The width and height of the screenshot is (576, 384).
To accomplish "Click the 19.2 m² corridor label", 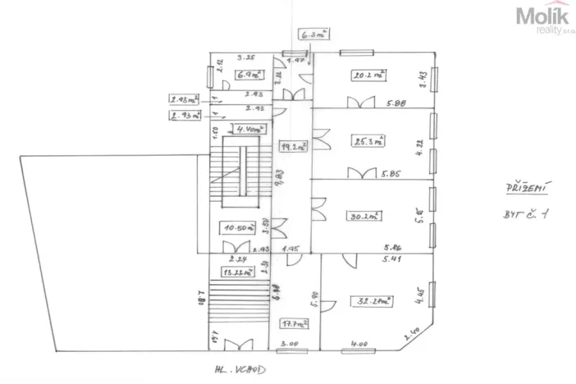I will (x=292, y=148).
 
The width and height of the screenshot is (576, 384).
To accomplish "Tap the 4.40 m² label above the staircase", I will (x=247, y=130).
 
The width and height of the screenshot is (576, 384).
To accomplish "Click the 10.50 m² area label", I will (x=238, y=227).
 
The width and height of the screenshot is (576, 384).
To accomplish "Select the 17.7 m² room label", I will (x=290, y=322).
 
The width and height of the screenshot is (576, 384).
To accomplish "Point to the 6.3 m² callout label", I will (x=313, y=34).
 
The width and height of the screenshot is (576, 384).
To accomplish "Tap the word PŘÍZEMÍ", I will (x=525, y=188).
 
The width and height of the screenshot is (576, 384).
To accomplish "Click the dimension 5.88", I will (x=395, y=103).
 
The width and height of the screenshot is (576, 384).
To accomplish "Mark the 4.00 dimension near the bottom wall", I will (x=359, y=344).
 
